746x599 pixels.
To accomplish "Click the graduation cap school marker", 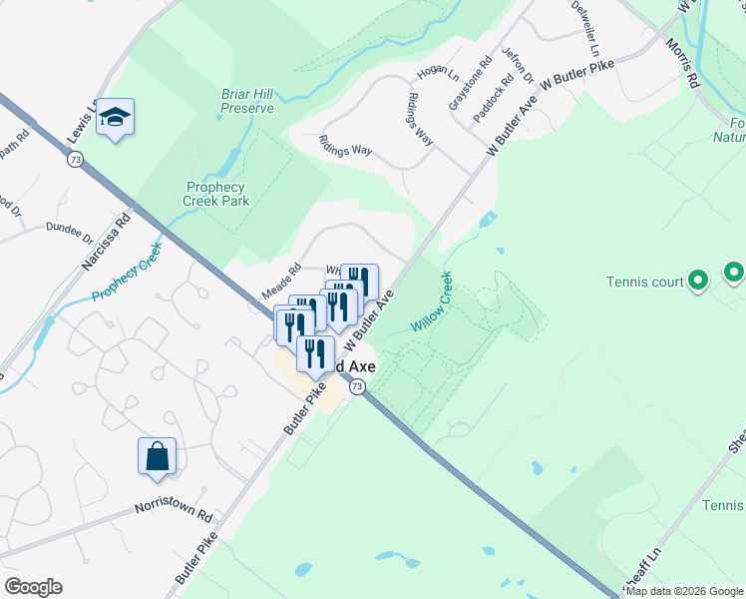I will point(116,119).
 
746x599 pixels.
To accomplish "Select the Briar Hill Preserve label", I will point(247,101).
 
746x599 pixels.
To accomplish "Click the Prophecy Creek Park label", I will point(216,194).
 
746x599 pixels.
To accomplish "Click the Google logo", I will point(33,587).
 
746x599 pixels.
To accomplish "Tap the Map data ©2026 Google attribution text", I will point(684,591).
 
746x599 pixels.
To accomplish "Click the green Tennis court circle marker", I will point(699,282).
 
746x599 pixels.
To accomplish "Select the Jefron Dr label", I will point(518,66).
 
